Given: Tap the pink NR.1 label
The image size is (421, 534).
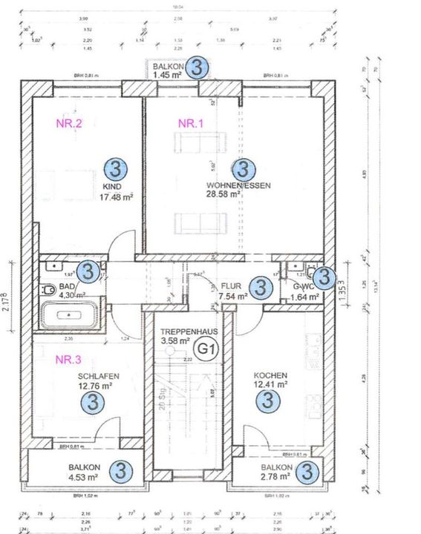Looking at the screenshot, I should tap(190, 124).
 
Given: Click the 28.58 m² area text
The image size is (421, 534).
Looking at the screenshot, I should tap(223, 194).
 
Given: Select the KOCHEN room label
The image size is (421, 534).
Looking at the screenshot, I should tap(270, 375).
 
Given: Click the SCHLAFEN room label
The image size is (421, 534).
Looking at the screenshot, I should tap(98, 376).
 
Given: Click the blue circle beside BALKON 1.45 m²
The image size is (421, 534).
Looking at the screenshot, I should tap(197, 67).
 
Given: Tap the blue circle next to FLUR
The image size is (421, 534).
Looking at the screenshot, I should tap(259, 288).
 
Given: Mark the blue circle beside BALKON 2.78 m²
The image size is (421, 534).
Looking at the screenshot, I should tap(310, 470).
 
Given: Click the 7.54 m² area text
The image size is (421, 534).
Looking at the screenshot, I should tap(233, 297).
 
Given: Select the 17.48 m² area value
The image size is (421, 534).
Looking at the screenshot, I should tap(115, 198).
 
